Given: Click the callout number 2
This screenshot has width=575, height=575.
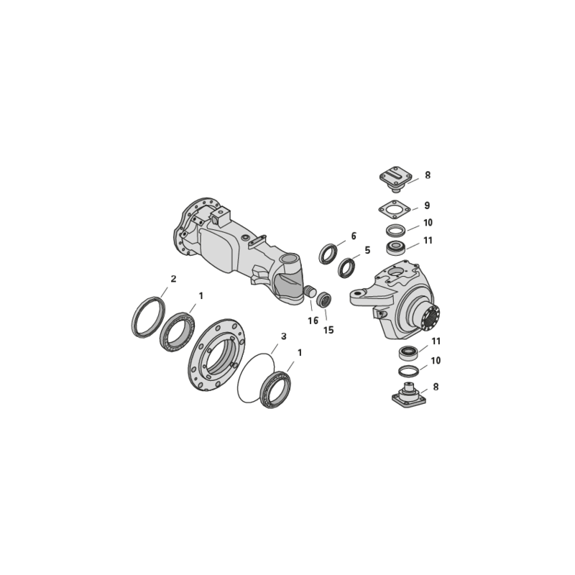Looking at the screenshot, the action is [x=173, y=279].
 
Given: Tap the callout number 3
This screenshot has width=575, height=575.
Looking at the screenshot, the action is [x=283, y=336].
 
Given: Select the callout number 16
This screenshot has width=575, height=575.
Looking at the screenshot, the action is [x=313, y=321].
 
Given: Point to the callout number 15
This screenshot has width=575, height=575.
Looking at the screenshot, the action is [x=328, y=330].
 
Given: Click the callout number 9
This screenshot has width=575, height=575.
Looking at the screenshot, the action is [x=427, y=206].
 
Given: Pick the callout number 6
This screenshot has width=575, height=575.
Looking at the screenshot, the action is [x=354, y=236].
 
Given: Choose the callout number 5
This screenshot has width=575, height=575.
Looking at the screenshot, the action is [x=367, y=250].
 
